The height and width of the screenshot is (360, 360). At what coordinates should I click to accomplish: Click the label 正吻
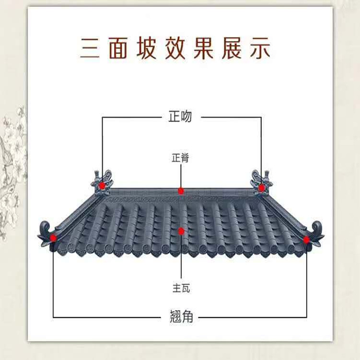(x=180, y=116)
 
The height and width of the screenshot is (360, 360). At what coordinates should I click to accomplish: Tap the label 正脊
(x=180, y=158)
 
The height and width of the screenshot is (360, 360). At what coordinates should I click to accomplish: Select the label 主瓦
(x=181, y=288)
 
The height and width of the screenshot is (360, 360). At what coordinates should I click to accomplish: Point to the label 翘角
(x=181, y=316)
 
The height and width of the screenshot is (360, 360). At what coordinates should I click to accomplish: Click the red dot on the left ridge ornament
(x=102, y=186)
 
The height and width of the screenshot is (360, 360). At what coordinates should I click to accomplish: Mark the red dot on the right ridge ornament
(x=262, y=188)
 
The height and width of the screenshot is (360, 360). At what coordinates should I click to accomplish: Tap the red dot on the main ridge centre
(x=181, y=191)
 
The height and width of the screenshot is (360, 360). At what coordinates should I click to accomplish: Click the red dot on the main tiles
(x=181, y=231)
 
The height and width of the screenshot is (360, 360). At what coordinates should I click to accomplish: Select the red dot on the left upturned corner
(x=53, y=238)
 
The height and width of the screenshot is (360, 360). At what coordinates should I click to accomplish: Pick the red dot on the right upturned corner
(x=306, y=240)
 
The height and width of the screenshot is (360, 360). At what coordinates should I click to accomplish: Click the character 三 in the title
(x=90, y=48)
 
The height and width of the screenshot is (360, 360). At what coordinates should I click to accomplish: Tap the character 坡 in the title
(x=147, y=48)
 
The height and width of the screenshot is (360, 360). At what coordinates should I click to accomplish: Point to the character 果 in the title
(x=203, y=48)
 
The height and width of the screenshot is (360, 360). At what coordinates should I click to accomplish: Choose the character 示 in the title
(x=260, y=48)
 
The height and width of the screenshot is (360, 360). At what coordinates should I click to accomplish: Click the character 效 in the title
(x=175, y=48)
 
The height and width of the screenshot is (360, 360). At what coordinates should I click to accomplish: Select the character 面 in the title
(x=118, y=48)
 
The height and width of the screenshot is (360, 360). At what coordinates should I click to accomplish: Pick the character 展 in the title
(x=232, y=48)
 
